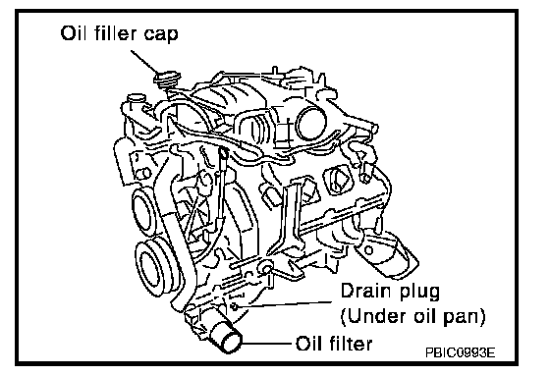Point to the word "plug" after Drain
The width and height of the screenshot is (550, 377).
pyautogui.click(x=419, y=293)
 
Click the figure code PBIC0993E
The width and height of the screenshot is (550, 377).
pyautogui.click(x=461, y=352)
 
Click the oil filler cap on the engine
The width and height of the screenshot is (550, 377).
pyautogui.click(x=167, y=80)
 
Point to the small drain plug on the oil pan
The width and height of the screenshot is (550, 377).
pyautogui.click(x=234, y=307)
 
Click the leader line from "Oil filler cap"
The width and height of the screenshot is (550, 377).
pyautogui.click(x=145, y=63)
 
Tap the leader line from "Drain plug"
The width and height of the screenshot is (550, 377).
pyautogui.click(x=285, y=304)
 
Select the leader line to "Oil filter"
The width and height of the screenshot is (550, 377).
pyautogui.click(x=266, y=344)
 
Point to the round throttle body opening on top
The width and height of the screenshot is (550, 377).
pyautogui.click(x=310, y=123)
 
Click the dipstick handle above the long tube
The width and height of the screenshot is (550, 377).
pyautogui.click(x=223, y=153)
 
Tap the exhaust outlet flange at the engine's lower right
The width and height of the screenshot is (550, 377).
pyautogui.click(x=386, y=253)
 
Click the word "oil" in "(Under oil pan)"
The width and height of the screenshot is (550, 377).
pyautogui.click(x=424, y=315)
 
